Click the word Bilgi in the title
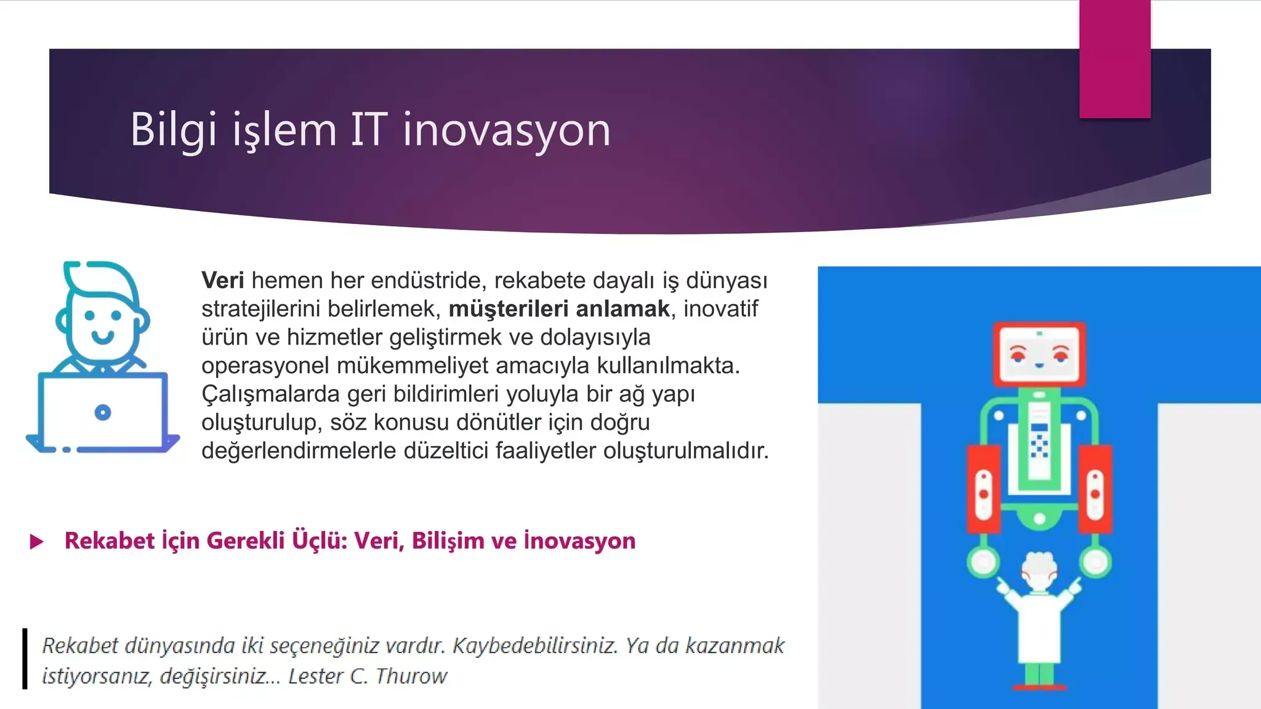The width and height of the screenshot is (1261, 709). pos(173,130)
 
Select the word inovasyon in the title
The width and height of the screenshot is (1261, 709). pos(507,130)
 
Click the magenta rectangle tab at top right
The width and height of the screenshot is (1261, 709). pos(1114,59)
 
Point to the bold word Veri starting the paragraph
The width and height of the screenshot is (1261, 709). pos(222,281)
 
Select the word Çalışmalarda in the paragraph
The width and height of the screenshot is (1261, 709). pos(270,395)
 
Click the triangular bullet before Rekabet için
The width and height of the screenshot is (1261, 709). pos(37,542)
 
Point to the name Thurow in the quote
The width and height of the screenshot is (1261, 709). pos(411,676)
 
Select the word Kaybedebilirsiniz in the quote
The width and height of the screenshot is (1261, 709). pos(534,646)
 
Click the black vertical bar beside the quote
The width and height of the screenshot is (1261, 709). pos(25,659)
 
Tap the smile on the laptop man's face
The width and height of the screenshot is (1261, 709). pos(102,337)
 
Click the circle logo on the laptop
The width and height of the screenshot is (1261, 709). pos(103,412)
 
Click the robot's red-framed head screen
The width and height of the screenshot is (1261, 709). pos(1039,353)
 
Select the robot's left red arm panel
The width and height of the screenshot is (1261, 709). pos(983,489)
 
